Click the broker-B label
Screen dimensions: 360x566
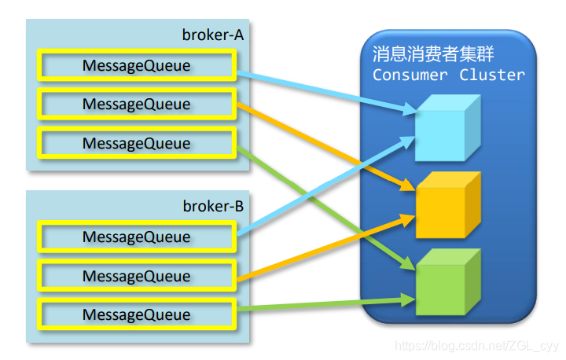(x=213, y=208)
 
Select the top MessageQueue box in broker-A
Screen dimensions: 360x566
(x=137, y=66)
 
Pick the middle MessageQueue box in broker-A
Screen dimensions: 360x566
(x=137, y=105)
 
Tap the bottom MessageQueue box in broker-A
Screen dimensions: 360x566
(x=137, y=143)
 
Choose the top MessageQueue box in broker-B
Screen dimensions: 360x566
(x=137, y=237)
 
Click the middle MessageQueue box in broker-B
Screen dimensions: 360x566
(x=137, y=276)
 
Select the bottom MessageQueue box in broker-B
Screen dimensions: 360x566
(x=137, y=314)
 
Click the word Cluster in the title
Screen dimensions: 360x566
(x=493, y=75)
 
